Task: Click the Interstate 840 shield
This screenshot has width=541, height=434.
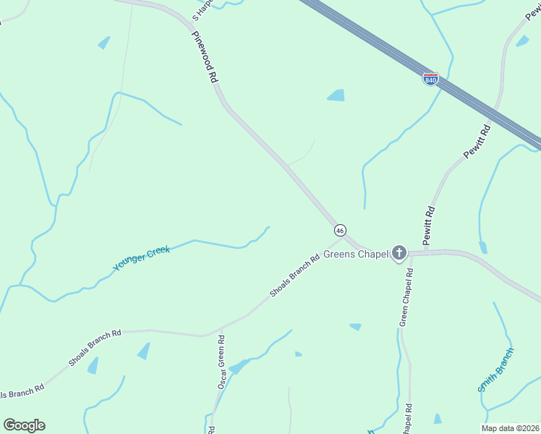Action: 430,79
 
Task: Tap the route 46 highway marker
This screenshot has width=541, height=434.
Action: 340,230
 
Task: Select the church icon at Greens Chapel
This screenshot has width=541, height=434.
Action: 399,252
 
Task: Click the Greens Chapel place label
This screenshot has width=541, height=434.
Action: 356,254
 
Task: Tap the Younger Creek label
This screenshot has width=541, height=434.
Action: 142,258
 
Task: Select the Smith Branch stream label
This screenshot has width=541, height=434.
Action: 496,370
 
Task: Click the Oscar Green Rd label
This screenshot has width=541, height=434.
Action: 222,362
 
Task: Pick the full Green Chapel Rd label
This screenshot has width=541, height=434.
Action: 406,297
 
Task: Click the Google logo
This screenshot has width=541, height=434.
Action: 24,425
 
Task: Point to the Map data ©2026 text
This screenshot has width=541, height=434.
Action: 510,428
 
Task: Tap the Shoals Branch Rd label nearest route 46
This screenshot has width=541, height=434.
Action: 294,276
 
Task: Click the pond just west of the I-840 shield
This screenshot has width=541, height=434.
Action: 336,95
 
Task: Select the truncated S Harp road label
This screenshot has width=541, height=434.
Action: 203,9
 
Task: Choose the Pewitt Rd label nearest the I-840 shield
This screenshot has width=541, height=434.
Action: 477,142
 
